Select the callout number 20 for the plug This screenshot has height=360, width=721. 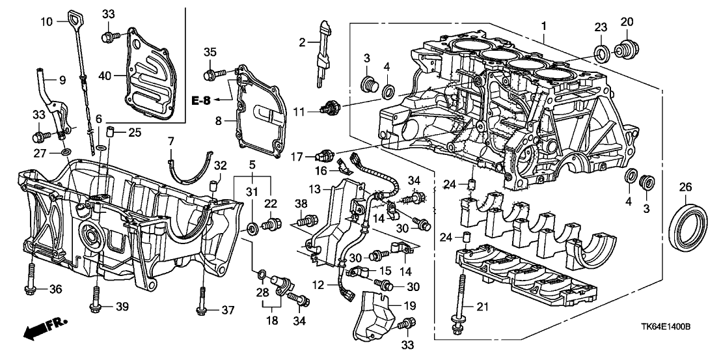tap(626, 22)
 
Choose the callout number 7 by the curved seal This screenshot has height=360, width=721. tap(171, 141)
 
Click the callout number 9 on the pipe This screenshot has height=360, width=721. tap(63, 81)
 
